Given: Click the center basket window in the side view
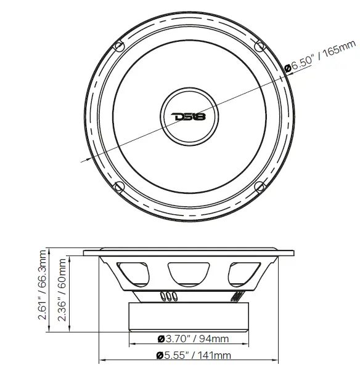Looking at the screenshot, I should tap(189, 271).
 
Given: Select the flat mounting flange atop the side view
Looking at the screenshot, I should tap(189, 252).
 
